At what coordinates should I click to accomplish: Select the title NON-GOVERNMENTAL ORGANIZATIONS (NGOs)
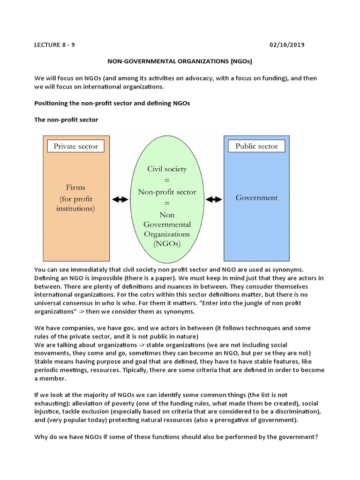[180, 61]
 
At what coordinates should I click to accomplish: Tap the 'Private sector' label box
[75, 146]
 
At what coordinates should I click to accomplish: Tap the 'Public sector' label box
[256, 146]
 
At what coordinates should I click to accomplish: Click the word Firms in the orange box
[75, 187]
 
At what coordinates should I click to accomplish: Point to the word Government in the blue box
[256, 198]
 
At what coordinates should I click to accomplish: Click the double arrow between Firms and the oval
[120, 199]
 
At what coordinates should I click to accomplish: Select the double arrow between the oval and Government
[214, 199]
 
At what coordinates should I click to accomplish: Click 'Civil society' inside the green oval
[167, 169]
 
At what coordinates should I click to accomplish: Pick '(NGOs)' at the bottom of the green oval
[167, 244]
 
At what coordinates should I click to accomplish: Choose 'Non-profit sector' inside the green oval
[167, 192]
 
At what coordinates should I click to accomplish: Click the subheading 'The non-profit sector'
[66, 120]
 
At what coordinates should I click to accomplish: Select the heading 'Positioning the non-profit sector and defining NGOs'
[112, 103]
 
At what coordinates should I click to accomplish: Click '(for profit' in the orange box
[75, 198]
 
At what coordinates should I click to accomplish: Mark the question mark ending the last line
[317, 437]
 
